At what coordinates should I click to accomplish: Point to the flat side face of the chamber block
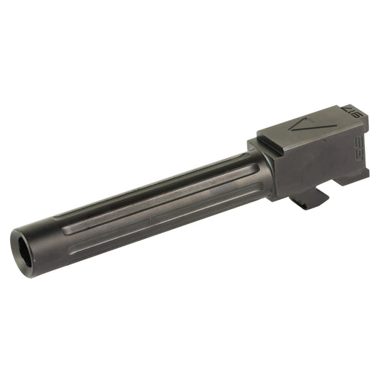tap(313, 164)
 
